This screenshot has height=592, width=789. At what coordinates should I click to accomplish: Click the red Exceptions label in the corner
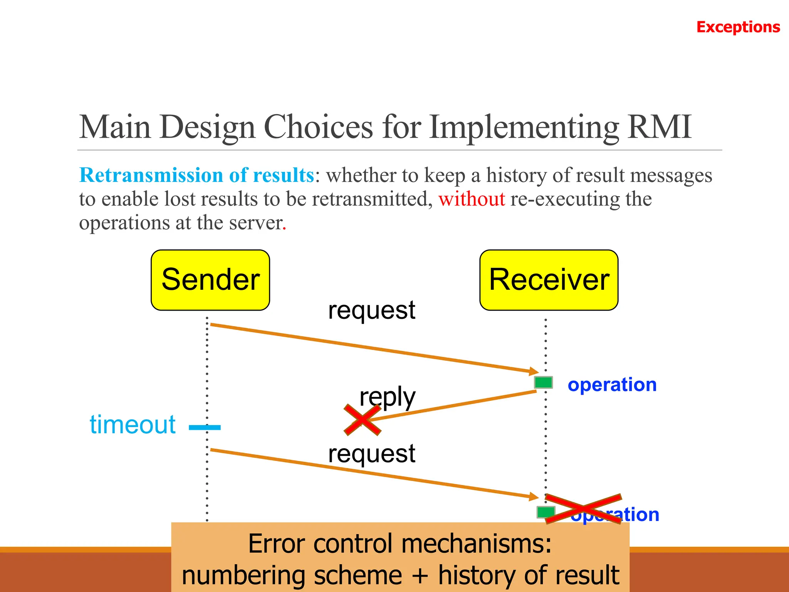[x=738, y=27]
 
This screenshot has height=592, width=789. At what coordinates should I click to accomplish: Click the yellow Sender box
[x=210, y=280]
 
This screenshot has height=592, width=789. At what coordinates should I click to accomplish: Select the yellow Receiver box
[x=549, y=280]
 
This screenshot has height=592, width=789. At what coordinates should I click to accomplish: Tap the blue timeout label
[x=133, y=424]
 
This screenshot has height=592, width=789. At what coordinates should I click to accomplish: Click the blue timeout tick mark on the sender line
[x=205, y=427]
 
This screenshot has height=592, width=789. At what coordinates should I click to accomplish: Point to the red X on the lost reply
[x=362, y=420]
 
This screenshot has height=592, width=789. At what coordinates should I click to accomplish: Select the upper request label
[x=371, y=310]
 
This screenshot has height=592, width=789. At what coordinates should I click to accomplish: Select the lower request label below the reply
[x=371, y=453]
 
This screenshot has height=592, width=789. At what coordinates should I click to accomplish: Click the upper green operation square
[x=543, y=382]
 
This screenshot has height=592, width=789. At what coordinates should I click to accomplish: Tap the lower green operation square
[x=545, y=512]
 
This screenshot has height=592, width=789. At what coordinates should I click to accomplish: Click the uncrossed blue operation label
[x=612, y=385]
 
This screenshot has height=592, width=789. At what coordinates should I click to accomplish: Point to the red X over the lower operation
[x=583, y=509]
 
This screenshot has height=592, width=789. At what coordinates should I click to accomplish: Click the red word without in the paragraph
[x=472, y=199]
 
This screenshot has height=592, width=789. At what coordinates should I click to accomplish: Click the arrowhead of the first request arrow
[x=534, y=371]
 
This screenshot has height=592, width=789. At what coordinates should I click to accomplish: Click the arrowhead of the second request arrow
[x=534, y=496]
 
